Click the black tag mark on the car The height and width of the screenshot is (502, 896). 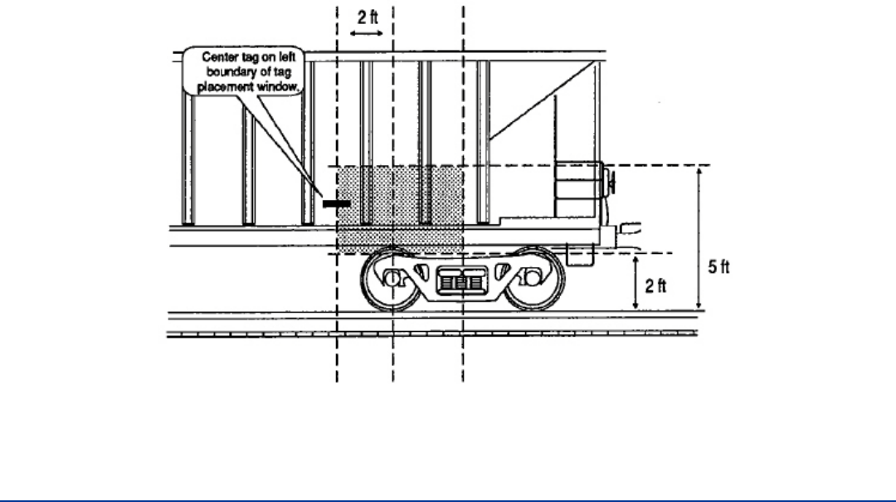(337, 202)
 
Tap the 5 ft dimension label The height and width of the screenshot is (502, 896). (719, 270)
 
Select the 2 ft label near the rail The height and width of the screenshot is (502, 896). (655, 286)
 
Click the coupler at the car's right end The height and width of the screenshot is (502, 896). (631, 226)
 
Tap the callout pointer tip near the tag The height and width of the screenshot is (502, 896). (316, 193)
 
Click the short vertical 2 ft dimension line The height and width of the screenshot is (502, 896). (635, 282)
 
